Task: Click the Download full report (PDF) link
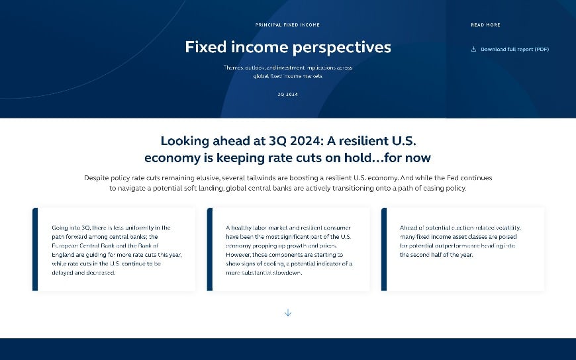514,49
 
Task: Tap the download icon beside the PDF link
473,49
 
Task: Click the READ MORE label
485,25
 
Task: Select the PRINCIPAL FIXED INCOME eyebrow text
287,25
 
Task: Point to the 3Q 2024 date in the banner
287,95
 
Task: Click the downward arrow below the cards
288,312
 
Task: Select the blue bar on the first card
35,249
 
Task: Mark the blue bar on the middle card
210,249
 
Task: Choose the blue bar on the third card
384,249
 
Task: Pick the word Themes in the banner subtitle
233,68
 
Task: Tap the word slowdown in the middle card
286,272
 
